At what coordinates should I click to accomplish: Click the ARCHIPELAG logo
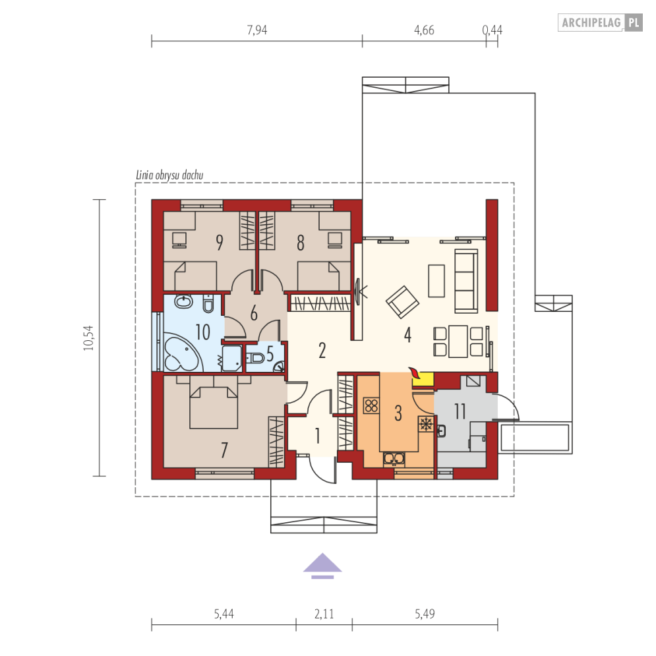[x=600, y=22]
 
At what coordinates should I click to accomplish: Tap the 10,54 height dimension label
[x=89, y=338]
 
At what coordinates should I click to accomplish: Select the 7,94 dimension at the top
[x=257, y=30]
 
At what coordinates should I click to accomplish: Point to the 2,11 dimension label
[x=324, y=614]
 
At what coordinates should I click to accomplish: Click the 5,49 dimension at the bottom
[x=425, y=614]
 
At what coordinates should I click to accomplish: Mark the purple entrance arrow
[x=322, y=566]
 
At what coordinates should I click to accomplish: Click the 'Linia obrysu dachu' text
[x=169, y=175]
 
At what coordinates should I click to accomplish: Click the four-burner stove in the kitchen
[x=371, y=405]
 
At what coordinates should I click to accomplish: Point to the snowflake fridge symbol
[x=426, y=424]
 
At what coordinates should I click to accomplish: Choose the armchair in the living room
[x=402, y=302]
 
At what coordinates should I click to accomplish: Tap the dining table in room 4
[x=458, y=342]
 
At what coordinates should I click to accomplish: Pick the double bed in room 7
[x=214, y=407]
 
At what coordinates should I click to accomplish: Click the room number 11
[x=460, y=411]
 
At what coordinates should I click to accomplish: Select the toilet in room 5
[x=256, y=358]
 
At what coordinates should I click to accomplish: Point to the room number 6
[x=254, y=313]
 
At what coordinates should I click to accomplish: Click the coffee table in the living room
[x=436, y=280]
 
